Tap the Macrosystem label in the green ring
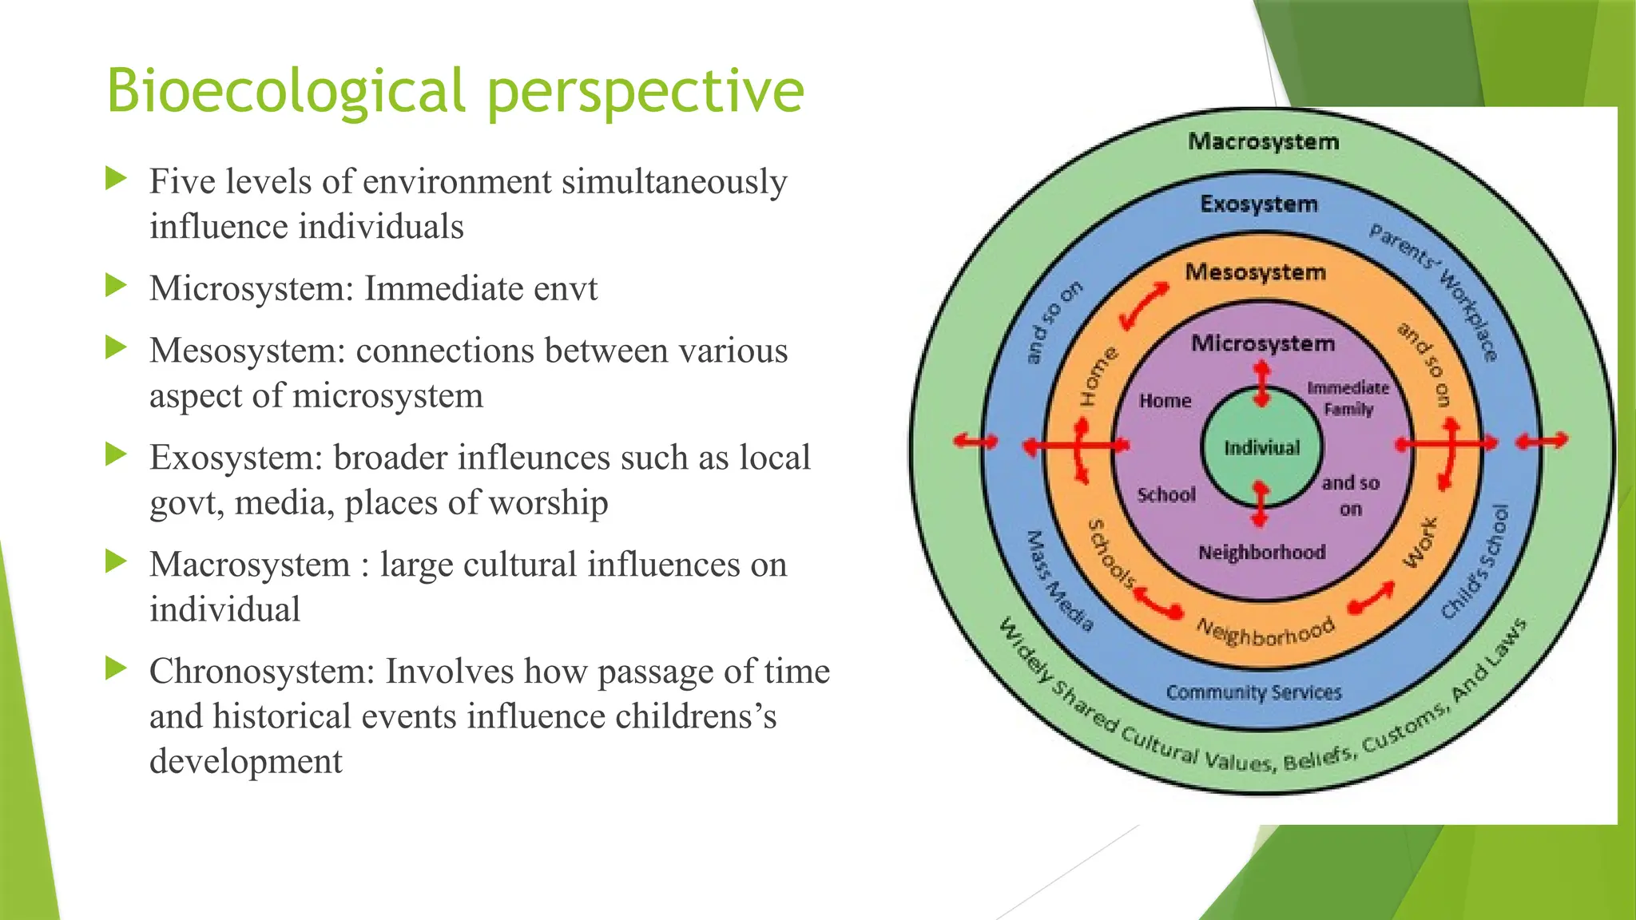[1263, 142]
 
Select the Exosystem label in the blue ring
[1259, 204]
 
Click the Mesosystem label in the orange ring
[1255, 272]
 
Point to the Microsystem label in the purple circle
[1263, 343]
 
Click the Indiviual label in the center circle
[1262, 448]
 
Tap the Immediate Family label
[1348, 399]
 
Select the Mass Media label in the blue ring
[1058, 581]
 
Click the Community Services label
[1253, 692]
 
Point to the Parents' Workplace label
[1435, 291]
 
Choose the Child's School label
[1476, 562]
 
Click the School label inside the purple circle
[1166, 495]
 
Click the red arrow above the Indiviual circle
[1261, 383]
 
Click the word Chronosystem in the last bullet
[262, 671]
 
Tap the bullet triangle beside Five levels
[117, 178]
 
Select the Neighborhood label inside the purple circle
[1261, 553]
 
